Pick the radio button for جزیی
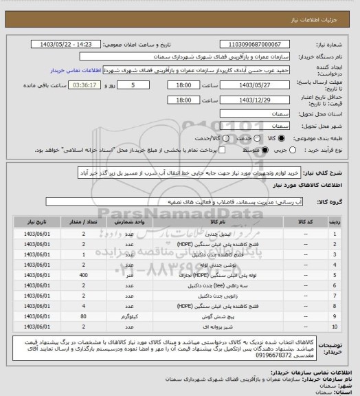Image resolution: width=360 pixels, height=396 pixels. coord(295,148)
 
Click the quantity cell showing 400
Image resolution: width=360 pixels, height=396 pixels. coord(83,274)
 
